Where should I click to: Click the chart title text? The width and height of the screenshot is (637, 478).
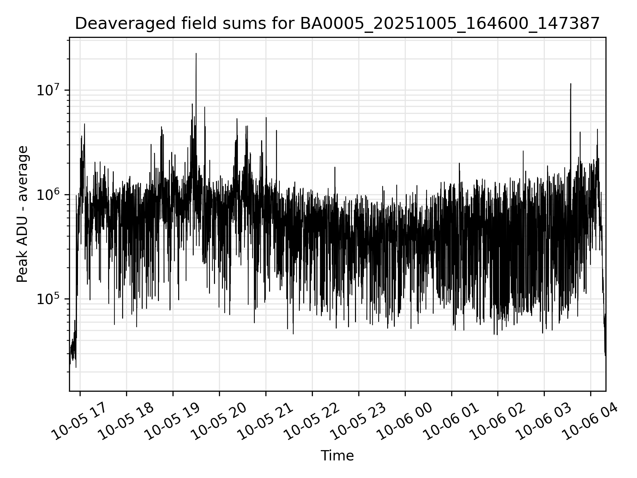tap(337, 24)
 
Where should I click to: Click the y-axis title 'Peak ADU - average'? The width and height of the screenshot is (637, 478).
tap(23, 214)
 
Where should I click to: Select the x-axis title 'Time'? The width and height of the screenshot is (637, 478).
tap(337, 455)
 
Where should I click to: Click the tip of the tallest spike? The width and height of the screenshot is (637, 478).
tap(196, 53)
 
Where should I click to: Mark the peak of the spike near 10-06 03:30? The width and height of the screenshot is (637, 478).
tap(571, 84)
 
